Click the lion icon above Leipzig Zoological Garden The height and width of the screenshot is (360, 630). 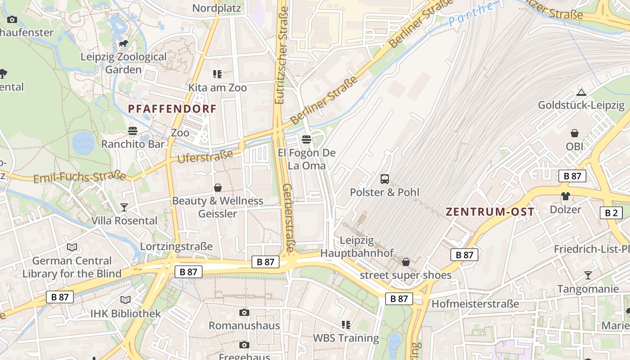123,44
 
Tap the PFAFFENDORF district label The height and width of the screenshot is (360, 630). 172,109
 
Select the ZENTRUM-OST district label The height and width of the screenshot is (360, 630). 490,212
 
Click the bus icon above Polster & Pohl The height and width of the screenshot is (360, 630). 385,179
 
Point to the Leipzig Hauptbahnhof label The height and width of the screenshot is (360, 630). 356,247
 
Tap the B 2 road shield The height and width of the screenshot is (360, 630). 611,213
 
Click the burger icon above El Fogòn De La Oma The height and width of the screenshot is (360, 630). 306,139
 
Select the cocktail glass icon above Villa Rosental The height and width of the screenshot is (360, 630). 124,207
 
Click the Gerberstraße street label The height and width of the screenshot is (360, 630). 288,218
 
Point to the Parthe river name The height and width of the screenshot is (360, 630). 470,14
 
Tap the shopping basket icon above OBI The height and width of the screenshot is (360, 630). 575,133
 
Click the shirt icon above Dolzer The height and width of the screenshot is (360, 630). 565,196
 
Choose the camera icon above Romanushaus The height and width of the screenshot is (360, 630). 244,312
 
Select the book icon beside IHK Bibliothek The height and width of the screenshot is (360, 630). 126,300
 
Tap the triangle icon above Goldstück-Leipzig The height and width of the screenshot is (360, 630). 581,93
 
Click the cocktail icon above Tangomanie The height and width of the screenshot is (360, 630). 588,275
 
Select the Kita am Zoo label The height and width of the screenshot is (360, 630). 218,88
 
